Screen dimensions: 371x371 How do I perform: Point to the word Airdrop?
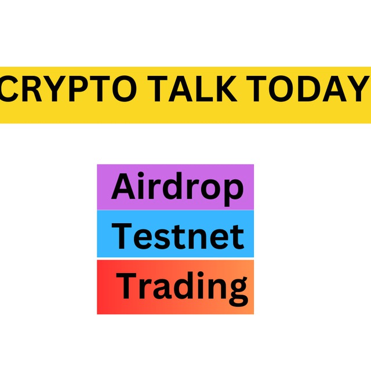coord(177,189)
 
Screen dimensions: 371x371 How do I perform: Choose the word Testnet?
coord(178,236)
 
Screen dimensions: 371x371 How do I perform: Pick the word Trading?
coord(182,288)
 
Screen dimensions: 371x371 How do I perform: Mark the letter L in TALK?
coord(202,89)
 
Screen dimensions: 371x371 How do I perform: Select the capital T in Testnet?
coord(122,236)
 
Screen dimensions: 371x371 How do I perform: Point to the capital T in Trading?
coord(126,286)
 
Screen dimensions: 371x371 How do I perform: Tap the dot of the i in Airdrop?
coord(141,174)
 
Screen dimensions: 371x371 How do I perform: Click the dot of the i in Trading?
coord(201,275)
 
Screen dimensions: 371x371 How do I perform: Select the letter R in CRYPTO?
coord(31,89)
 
